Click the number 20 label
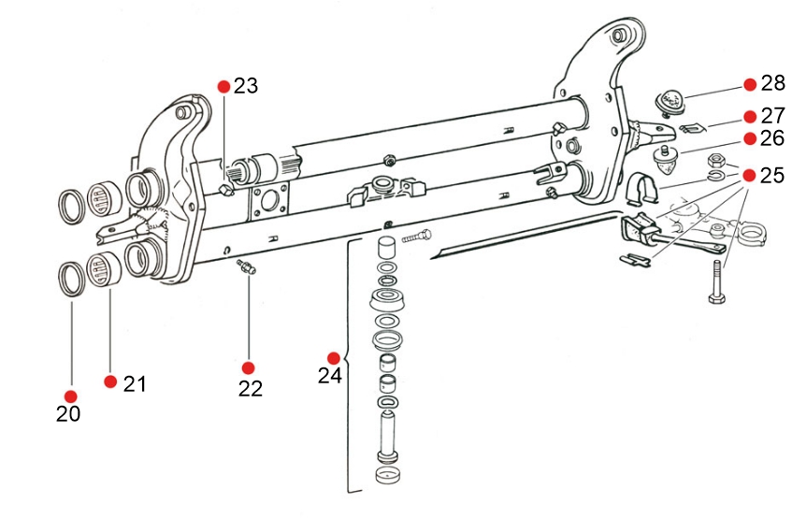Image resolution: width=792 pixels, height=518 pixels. pyautogui.click(x=68, y=414)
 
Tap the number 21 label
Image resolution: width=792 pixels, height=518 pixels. pyautogui.click(x=135, y=384)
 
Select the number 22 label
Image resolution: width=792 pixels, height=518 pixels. pyautogui.click(x=251, y=389)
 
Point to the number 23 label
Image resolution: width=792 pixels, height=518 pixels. pyautogui.click(x=246, y=86)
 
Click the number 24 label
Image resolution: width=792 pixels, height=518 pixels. pyautogui.click(x=330, y=376)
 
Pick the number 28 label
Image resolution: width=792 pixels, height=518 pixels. pyautogui.click(x=772, y=83)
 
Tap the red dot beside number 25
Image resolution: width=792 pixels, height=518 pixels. pyautogui.click(x=750, y=175)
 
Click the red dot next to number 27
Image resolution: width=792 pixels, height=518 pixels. pyautogui.click(x=750, y=117)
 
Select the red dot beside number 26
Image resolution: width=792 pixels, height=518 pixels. pyautogui.click(x=750, y=138)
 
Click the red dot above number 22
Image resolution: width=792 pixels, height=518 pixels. pyautogui.click(x=248, y=367)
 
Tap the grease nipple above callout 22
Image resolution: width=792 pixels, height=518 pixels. pyautogui.click(x=246, y=266)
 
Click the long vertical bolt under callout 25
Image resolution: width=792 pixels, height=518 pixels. pyautogui.click(x=717, y=281)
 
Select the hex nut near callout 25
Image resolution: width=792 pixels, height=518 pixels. pyautogui.click(x=717, y=162)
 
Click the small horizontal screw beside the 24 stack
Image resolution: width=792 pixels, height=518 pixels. pyautogui.click(x=417, y=236)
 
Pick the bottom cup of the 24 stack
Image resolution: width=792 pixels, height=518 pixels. pyautogui.click(x=387, y=476)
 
